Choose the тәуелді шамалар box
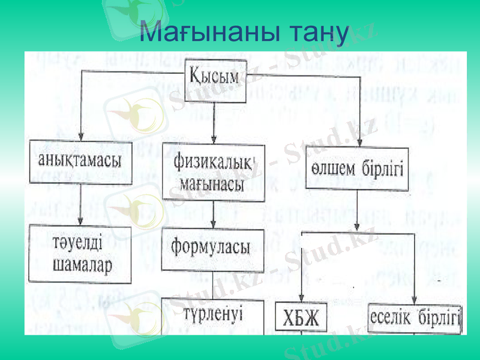(80, 254)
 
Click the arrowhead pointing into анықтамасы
(81, 136)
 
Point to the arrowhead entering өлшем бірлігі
(359, 143)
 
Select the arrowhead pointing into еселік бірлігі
(414, 299)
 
